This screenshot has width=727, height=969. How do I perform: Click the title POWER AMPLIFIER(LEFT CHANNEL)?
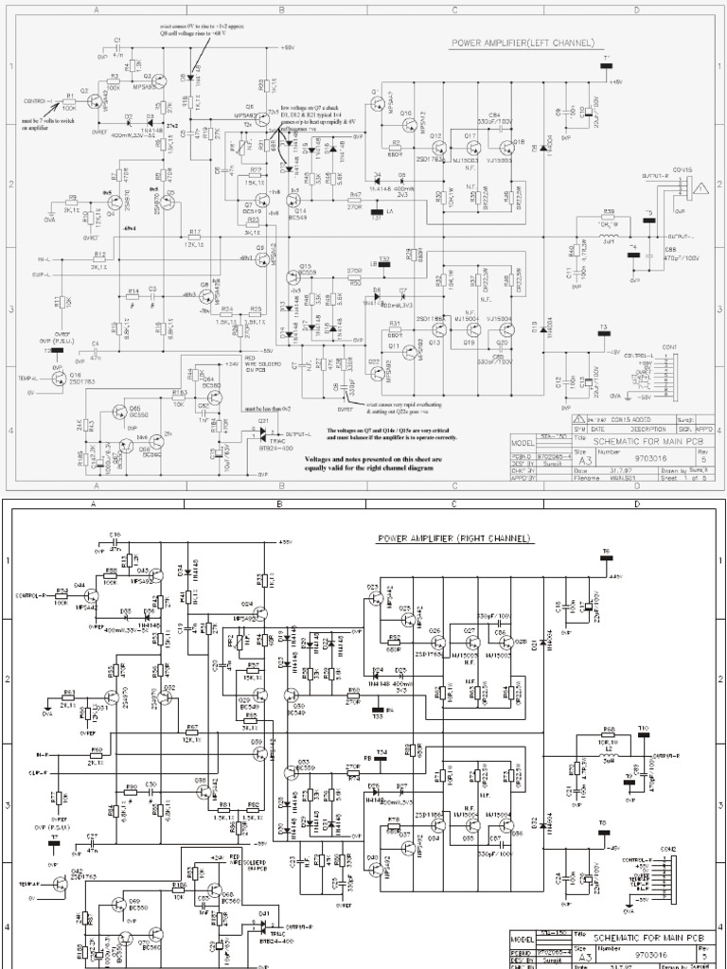click(522, 43)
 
